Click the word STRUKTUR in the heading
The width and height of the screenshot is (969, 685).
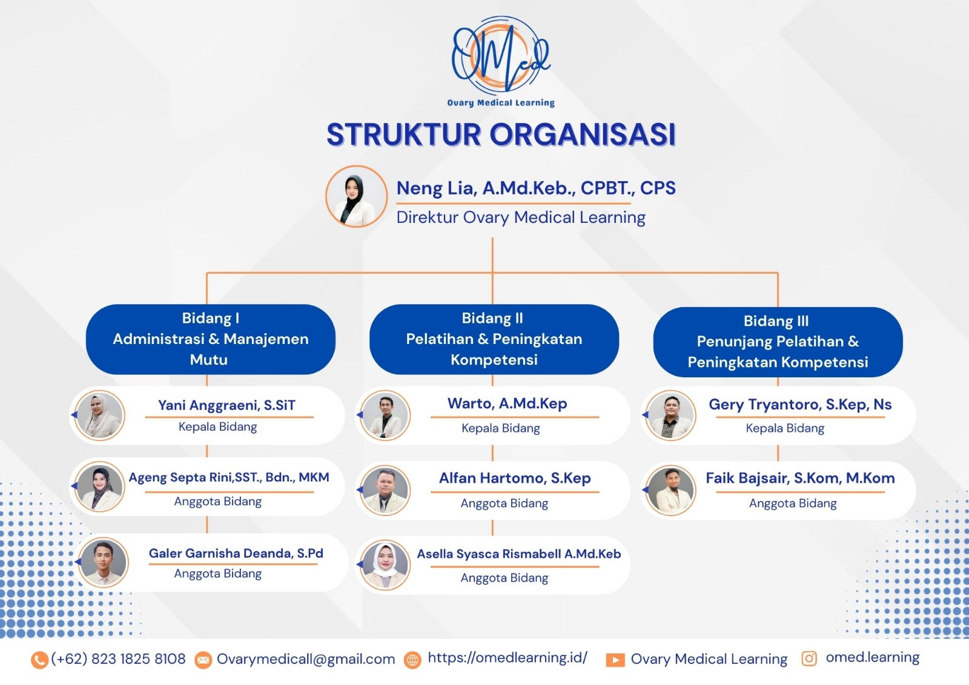click(403, 134)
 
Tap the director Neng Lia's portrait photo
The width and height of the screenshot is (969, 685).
click(357, 196)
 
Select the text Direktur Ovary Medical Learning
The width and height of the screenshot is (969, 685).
click(521, 217)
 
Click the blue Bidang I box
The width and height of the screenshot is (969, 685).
click(211, 339)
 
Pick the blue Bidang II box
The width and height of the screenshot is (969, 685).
click(494, 339)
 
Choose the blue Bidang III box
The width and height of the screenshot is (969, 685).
click(778, 342)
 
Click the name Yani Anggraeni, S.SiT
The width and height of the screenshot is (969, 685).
click(227, 405)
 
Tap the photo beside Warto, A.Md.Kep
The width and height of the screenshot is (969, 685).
click(385, 415)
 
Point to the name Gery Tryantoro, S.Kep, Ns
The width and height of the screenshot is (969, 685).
click(800, 404)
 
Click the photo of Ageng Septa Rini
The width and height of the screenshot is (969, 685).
click(99, 487)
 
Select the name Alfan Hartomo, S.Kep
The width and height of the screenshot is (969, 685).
click(515, 478)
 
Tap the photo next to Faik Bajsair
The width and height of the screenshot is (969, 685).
click(670, 490)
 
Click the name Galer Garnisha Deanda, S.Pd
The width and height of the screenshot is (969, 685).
click(236, 554)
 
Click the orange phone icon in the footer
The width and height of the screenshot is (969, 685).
click(39, 660)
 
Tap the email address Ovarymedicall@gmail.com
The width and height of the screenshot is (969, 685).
click(306, 659)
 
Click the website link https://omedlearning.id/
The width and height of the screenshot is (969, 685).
click(508, 658)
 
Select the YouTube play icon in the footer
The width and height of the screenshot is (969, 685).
click(615, 660)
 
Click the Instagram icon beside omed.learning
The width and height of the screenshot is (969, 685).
click(809, 658)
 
